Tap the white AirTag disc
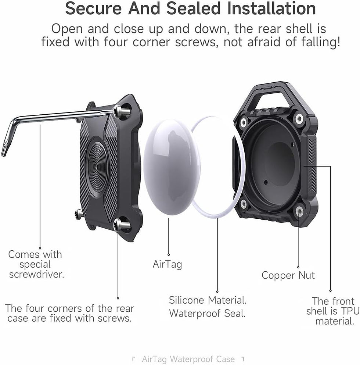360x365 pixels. tap(171, 162)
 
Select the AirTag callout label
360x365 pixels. tap(167, 264)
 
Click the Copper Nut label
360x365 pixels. tap(288, 275)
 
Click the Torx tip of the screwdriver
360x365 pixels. tap(4, 151)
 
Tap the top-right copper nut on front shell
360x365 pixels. tap(299, 119)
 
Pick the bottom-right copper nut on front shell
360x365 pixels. tap(299, 211)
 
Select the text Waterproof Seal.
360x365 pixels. tap(207, 314)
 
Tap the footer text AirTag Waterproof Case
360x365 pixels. tap(188, 359)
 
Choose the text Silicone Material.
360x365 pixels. tap(208, 300)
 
